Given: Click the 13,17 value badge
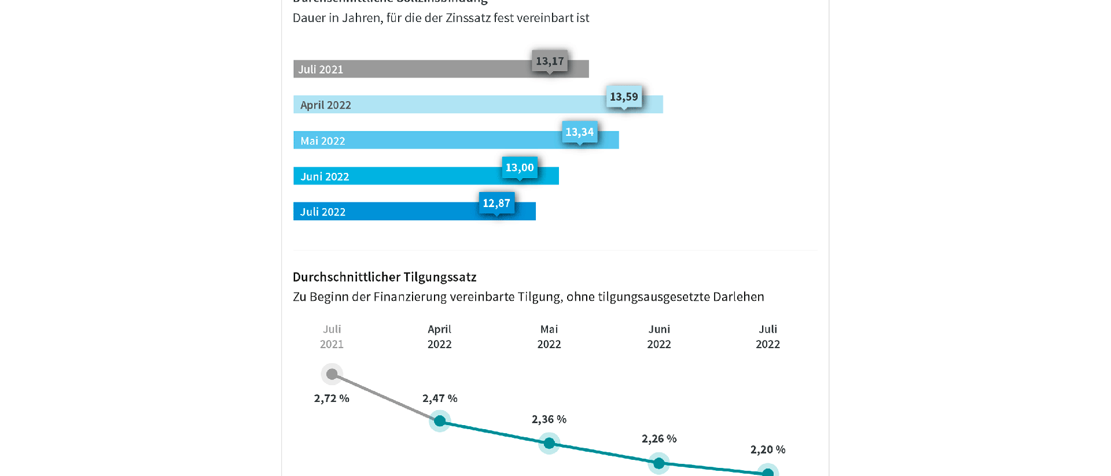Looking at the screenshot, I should click(550, 61).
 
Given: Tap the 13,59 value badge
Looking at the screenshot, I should click(624, 97).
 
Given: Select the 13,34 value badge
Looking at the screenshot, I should click(579, 132).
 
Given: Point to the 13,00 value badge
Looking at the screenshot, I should click(520, 168).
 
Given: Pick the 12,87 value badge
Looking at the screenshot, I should click(496, 203).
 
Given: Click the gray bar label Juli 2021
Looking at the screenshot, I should click(321, 69).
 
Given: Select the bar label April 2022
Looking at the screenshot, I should click(326, 105).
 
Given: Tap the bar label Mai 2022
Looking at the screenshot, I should click(323, 141).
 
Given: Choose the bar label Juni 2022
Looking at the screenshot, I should click(325, 176).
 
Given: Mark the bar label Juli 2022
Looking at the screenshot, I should click(323, 212).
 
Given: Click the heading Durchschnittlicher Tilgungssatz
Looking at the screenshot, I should click(384, 277).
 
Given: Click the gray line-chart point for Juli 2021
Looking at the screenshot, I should click(332, 374).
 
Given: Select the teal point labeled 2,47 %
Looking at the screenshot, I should click(440, 420).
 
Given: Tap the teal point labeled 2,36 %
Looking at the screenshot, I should click(549, 444).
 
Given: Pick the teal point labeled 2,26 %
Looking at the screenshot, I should click(658, 463).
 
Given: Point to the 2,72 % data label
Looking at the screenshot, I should click(332, 398).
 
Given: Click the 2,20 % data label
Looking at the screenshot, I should click(768, 449).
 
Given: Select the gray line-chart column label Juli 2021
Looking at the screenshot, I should click(332, 337).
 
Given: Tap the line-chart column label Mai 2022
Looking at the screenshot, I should click(549, 337).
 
